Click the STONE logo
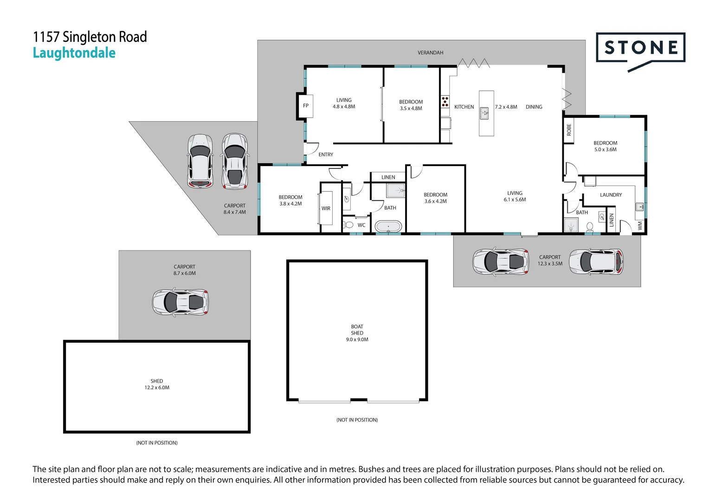click(x=640, y=48)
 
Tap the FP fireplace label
click(x=306, y=106)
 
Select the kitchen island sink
click(x=484, y=113)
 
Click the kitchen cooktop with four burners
click(x=445, y=101)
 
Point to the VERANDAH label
click(x=430, y=53)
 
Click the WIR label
click(x=326, y=209)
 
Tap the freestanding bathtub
click(x=388, y=227)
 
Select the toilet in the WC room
click(x=348, y=225)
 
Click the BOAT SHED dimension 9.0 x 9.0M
click(x=357, y=340)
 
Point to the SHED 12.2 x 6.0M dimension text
click(x=157, y=388)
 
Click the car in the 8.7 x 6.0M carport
click(x=180, y=302)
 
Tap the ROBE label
click(x=569, y=130)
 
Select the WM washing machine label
click(x=640, y=225)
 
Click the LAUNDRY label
click(x=611, y=195)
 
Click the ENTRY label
click(x=326, y=155)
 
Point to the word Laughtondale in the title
click(x=74, y=53)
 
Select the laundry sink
click(x=639, y=206)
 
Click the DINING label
click(x=534, y=107)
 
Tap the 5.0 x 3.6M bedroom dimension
click(x=605, y=150)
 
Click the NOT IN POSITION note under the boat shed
click(x=357, y=420)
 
